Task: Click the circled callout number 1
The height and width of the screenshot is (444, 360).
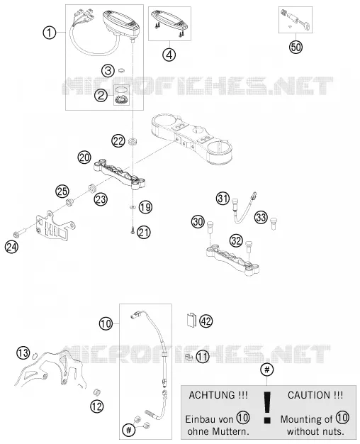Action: pos(49,33)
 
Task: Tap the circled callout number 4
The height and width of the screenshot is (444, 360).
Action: pos(169,55)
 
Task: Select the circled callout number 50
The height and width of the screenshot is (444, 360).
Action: pos(296,47)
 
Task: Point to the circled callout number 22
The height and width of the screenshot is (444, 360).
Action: pos(118,141)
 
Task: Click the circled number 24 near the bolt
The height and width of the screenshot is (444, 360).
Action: pos(11,247)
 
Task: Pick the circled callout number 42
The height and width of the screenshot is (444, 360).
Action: pos(206,321)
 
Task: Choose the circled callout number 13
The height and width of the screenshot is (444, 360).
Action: pos(23,353)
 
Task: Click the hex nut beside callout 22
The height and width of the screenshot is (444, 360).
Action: pos(133,141)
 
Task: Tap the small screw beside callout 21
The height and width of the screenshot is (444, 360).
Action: pos(133,232)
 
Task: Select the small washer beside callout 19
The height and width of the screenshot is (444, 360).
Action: pos(133,207)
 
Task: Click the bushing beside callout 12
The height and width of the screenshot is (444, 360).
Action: pos(97,392)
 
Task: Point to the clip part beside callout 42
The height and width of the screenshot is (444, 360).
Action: pos(191,320)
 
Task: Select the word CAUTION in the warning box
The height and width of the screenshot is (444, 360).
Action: pos(308,395)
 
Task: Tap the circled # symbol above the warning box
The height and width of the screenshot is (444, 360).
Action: pos(267,370)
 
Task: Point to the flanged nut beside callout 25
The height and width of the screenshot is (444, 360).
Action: pos(69,202)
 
